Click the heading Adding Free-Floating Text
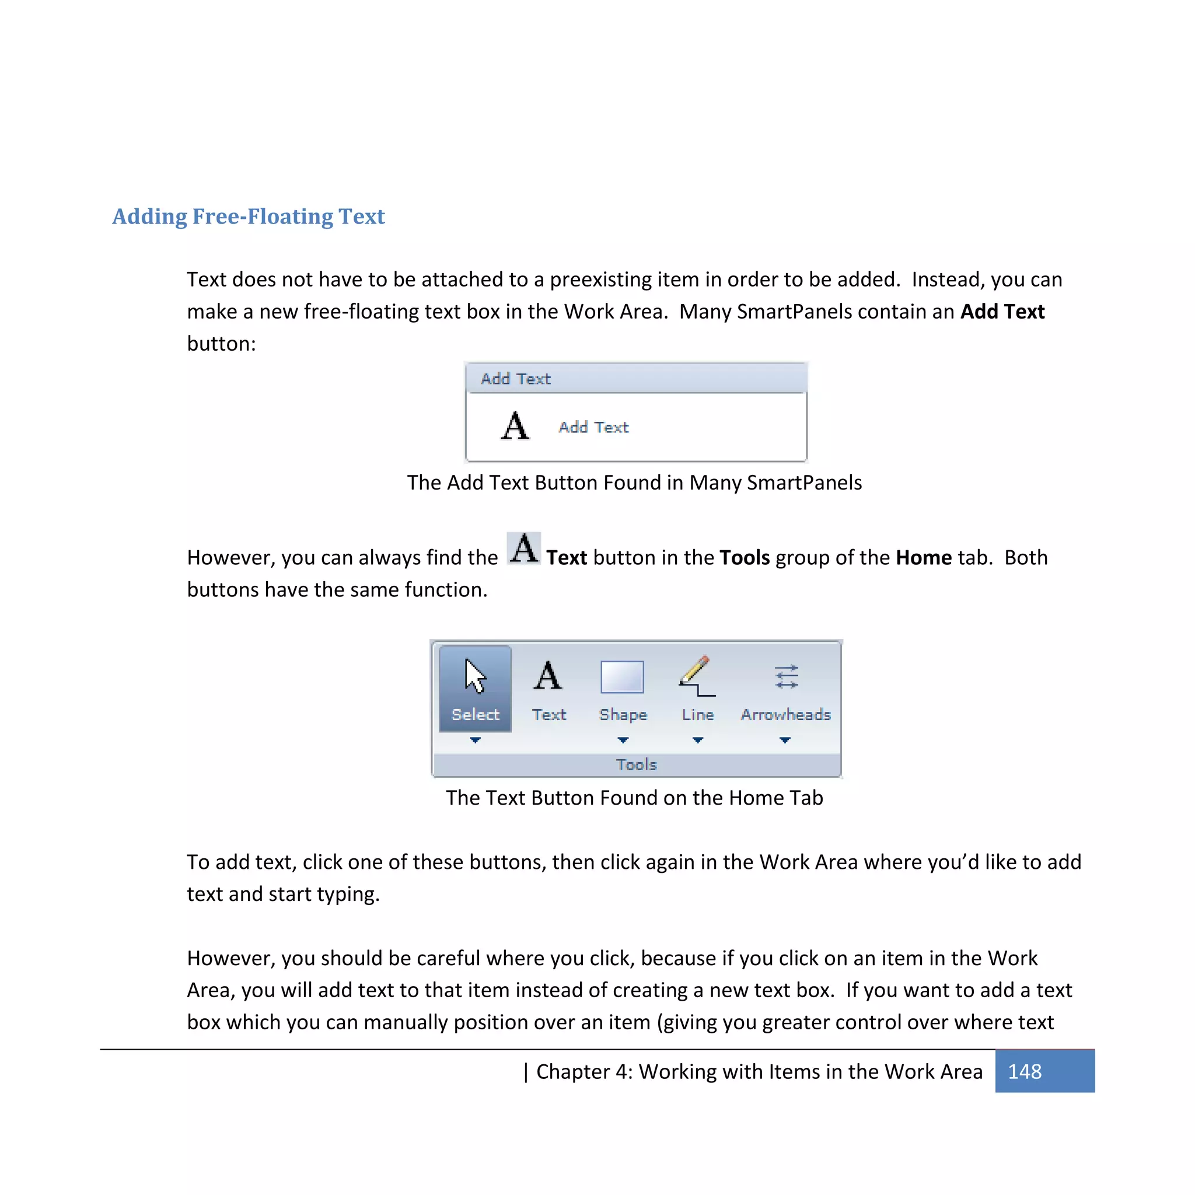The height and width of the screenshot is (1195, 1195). (248, 216)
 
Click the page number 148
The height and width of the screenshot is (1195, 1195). (1024, 1071)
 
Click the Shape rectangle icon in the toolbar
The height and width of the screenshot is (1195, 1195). (622, 677)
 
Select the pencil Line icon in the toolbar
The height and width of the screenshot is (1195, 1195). (697, 676)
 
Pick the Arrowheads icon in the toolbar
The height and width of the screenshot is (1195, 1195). (786, 677)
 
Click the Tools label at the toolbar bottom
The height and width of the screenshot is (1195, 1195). (636, 764)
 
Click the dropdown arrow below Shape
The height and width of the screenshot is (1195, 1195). (623, 740)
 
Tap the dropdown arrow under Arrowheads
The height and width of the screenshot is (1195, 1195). (785, 740)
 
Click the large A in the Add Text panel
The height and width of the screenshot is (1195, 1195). (515, 426)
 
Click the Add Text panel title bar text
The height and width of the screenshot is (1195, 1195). (516, 379)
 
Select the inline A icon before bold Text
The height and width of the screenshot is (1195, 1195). (525, 548)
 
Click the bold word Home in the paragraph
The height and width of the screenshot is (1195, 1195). (924, 558)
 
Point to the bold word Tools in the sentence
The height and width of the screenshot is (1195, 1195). (745, 558)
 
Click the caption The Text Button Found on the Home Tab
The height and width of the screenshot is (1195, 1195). (634, 798)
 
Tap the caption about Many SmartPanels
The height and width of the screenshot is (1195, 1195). (634, 483)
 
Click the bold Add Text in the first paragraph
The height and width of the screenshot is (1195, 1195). (1002, 312)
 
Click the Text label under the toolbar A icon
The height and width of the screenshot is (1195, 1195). (548, 714)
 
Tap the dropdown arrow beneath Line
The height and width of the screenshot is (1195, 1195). (698, 740)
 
